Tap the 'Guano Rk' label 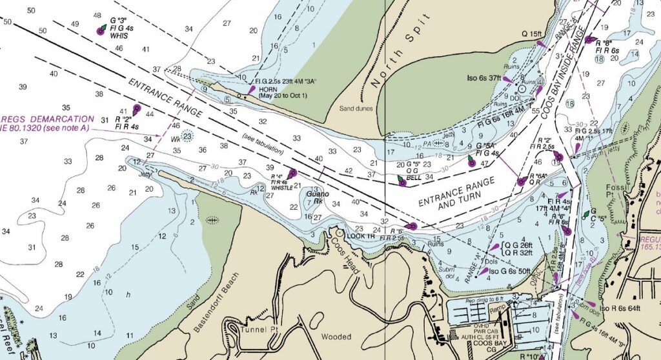pyautogui.click(x=318, y=194)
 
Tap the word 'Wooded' pyautogui.click(x=336, y=337)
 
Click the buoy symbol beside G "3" pyautogui.click(x=101, y=30)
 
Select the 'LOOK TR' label pyautogui.click(x=361, y=236)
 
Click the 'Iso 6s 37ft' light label pyautogui.click(x=484, y=78)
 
